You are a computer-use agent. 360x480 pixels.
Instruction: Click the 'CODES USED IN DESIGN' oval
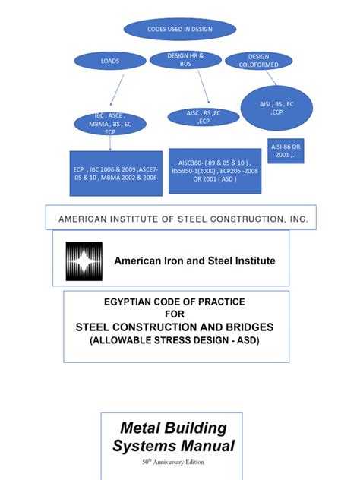point(180,29)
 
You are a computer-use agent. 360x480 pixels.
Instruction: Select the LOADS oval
point(110,61)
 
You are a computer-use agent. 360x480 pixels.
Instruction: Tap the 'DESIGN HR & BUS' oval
point(185,60)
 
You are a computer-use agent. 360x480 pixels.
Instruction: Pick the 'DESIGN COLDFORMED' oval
point(259,61)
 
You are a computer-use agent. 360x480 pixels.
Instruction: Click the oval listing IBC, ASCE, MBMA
point(110,124)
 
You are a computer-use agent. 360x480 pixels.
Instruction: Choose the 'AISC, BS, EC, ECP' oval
point(204,117)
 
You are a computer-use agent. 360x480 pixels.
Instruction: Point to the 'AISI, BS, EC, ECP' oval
point(276,108)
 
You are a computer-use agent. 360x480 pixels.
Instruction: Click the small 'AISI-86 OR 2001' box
point(286,150)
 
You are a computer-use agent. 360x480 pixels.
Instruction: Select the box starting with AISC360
point(215,171)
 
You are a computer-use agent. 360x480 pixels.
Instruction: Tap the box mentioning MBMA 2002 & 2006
point(116,173)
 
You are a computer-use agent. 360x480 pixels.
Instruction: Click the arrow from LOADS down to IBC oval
point(117,90)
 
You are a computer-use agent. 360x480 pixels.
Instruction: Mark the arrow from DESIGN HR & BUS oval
point(204,87)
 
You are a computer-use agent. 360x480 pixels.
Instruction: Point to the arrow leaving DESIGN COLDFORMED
point(271,77)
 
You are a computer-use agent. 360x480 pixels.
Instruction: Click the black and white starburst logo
point(84,261)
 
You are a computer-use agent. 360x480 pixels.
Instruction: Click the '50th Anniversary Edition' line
point(173,462)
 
